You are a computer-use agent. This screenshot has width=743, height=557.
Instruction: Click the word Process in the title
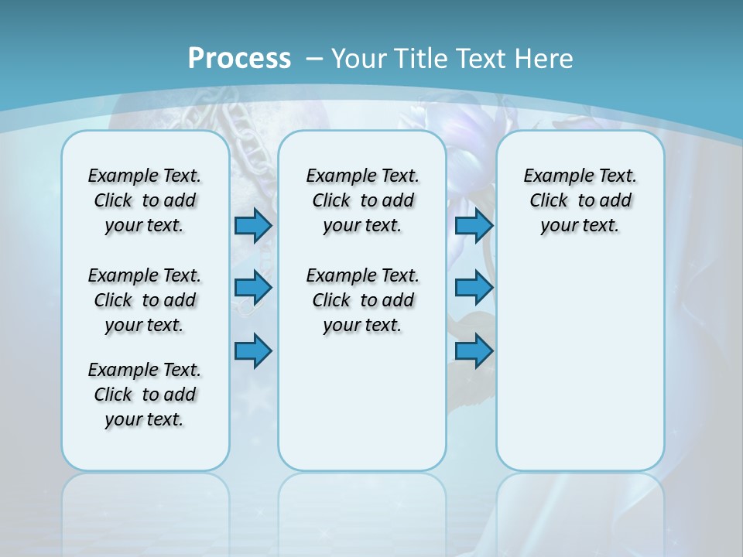[x=239, y=58]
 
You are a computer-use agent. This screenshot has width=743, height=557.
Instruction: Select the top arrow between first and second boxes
[x=253, y=225]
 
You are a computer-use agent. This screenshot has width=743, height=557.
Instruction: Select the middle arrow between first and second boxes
[x=253, y=288]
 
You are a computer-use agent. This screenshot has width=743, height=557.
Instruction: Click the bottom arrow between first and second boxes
[x=253, y=350]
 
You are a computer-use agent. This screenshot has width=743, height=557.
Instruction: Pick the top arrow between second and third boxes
[x=474, y=225]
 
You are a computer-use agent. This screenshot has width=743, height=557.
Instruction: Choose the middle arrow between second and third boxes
[x=474, y=288]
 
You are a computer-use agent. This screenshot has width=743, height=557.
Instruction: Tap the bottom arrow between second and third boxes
[x=474, y=350]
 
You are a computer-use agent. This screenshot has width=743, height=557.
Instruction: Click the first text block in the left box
[x=145, y=200]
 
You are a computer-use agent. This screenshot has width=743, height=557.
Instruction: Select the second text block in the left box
[x=145, y=300]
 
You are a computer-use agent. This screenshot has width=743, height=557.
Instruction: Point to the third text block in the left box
[x=145, y=395]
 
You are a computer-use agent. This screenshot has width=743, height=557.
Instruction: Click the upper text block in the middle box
[x=362, y=200]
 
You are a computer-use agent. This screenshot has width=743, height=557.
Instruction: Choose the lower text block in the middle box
[x=362, y=300]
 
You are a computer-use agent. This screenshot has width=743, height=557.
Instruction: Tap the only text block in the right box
[x=580, y=200]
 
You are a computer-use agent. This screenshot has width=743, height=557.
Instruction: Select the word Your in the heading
[x=360, y=59]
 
